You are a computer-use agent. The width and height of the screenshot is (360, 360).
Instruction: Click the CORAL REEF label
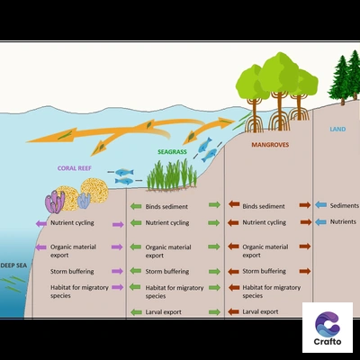[x=75, y=168]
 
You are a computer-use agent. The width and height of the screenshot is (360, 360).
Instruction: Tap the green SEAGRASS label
[x=172, y=152]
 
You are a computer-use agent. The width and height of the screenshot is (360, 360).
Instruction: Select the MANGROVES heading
[x=270, y=145]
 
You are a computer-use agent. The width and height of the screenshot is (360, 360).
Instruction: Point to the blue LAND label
[x=337, y=129]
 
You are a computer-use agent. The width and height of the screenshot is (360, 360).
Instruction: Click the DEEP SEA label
[x=13, y=265]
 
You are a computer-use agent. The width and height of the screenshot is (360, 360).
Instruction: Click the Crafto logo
[x=328, y=328]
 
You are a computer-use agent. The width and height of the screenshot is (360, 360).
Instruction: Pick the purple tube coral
[x=55, y=202]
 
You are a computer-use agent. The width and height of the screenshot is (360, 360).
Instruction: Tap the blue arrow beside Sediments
[x=320, y=205]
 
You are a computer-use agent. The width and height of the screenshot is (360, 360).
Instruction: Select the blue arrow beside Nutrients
[x=320, y=222]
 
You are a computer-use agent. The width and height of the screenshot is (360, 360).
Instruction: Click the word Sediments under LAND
[x=345, y=205]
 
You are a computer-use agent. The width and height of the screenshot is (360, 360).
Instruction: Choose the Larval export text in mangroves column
[x=260, y=311]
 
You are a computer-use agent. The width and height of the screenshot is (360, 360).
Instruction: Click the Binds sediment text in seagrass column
[x=166, y=206]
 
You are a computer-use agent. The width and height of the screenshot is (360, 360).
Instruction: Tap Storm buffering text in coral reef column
[x=72, y=272]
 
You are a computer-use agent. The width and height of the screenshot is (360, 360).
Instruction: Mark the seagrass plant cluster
[x=172, y=176]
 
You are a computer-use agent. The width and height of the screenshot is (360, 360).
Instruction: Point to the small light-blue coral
[x=84, y=201]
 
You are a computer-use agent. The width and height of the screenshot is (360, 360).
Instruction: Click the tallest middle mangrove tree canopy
[x=279, y=72]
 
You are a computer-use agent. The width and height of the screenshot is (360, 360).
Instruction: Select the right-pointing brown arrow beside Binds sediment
[x=305, y=205]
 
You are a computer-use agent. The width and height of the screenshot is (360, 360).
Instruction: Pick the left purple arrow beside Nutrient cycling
[x=41, y=223]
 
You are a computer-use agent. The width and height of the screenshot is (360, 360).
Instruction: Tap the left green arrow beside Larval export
[x=136, y=312]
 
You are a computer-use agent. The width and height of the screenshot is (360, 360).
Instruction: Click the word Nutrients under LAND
[x=343, y=221]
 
